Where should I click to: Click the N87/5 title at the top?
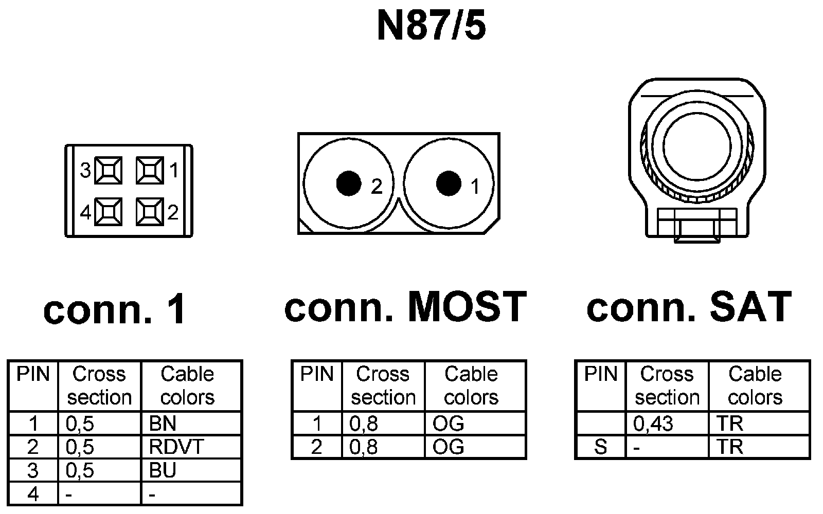[431, 26]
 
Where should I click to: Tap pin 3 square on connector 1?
[109, 170]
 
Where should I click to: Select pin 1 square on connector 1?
[150, 170]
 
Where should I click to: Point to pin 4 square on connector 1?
[109, 212]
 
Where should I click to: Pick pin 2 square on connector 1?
[150, 212]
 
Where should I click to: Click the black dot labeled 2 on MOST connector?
[349, 183]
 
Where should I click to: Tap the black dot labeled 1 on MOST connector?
[449, 183]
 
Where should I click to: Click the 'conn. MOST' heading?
[405, 307]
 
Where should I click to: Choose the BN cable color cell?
[191, 424]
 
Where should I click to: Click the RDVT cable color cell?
[191, 447]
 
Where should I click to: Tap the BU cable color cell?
[191, 470]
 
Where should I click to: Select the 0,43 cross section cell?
[667, 424]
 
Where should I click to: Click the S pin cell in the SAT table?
[600, 447]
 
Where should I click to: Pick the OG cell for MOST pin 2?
[475, 447]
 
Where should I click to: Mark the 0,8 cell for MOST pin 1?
[383, 424]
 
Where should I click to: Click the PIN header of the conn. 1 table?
[33, 374]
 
